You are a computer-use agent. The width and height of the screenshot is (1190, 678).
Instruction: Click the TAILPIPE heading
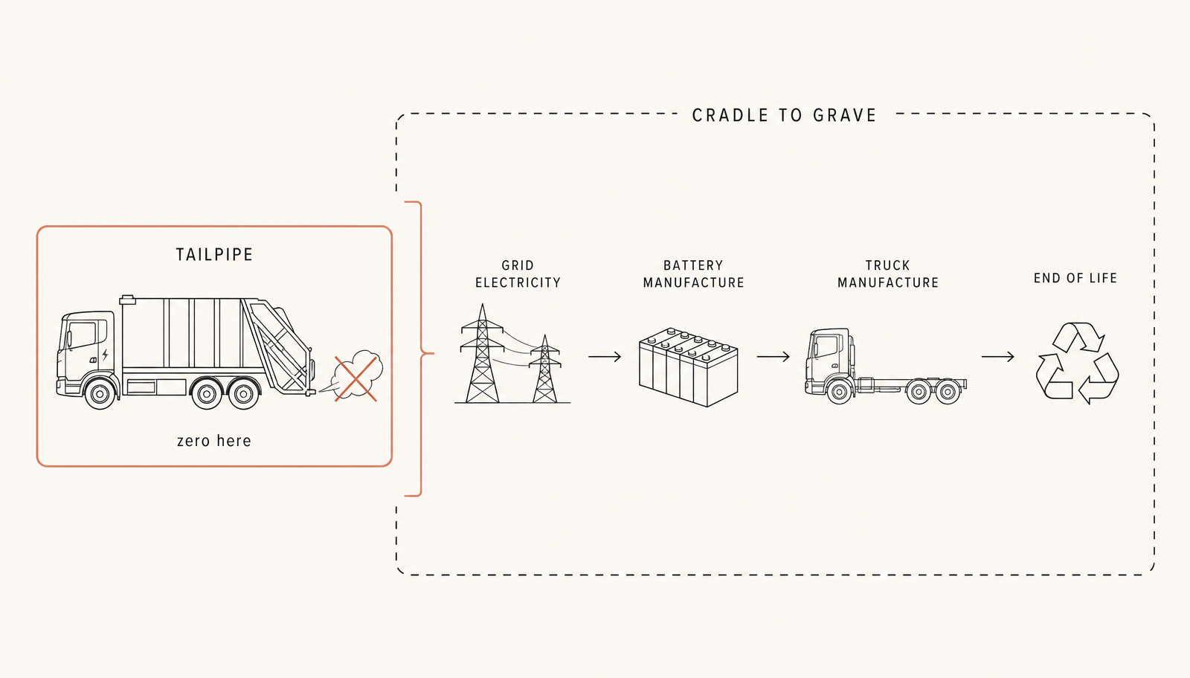(x=214, y=255)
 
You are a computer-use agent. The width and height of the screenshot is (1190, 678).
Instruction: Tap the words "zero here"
(x=214, y=441)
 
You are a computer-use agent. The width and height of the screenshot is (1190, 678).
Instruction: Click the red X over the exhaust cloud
(x=356, y=379)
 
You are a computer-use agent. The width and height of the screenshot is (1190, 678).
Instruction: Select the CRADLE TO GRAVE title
(x=784, y=115)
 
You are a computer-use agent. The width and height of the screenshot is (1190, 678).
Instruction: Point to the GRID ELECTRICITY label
(x=518, y=274)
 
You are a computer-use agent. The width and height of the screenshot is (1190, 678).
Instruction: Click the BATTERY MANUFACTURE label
(x=693, y=274)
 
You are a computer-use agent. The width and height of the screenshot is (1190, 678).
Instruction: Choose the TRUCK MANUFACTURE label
(x=888, y=274)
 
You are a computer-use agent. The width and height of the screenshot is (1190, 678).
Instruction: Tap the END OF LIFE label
(x=1075, y=278)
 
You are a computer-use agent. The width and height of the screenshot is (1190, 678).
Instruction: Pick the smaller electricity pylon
(x=544, y=369)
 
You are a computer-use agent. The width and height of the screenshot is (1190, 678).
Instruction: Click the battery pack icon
(x=689, y=367)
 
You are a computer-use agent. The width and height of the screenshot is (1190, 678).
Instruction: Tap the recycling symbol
(x=1078, y=363)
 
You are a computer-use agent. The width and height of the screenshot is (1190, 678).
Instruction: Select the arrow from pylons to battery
(x=605, y=357)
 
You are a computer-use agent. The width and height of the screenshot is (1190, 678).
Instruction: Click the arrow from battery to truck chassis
(x=773, y=357)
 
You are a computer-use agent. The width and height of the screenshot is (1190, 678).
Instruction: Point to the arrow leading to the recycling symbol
(x=997, y=357)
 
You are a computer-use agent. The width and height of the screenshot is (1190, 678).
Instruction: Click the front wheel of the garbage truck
(x=100, y=393)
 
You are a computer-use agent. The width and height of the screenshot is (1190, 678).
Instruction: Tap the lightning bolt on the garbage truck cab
(x=105, y=355)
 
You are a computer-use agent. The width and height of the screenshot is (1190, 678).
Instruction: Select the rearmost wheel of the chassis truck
(x=948, y=393)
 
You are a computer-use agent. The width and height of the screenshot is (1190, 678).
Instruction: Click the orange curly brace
(x=421, y=349)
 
